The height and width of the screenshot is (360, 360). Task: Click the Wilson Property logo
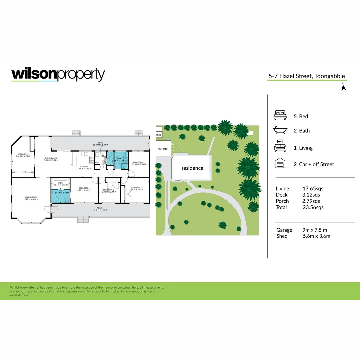(58, 75)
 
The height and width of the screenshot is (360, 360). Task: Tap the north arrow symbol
(344, 87)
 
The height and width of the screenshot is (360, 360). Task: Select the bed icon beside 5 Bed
(280, 116)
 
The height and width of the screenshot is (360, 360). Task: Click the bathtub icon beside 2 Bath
(280, 130)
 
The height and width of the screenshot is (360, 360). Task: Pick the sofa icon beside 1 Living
(280, 147)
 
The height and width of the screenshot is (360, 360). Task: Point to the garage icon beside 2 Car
(280, 164)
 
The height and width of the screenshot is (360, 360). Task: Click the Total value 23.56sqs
(313, 207)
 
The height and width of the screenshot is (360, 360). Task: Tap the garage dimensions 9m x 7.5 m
(315, 230)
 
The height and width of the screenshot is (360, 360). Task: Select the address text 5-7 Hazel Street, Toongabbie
(307, 76)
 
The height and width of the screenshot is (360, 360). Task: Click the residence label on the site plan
(192, 168)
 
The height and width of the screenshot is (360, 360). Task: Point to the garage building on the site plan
(163, 148)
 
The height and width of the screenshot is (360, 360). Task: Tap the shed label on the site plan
(159, 135)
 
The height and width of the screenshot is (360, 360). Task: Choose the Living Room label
(32, 197)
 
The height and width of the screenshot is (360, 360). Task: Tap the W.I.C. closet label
(61, 183)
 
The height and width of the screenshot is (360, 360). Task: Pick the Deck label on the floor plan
(100, 142)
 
